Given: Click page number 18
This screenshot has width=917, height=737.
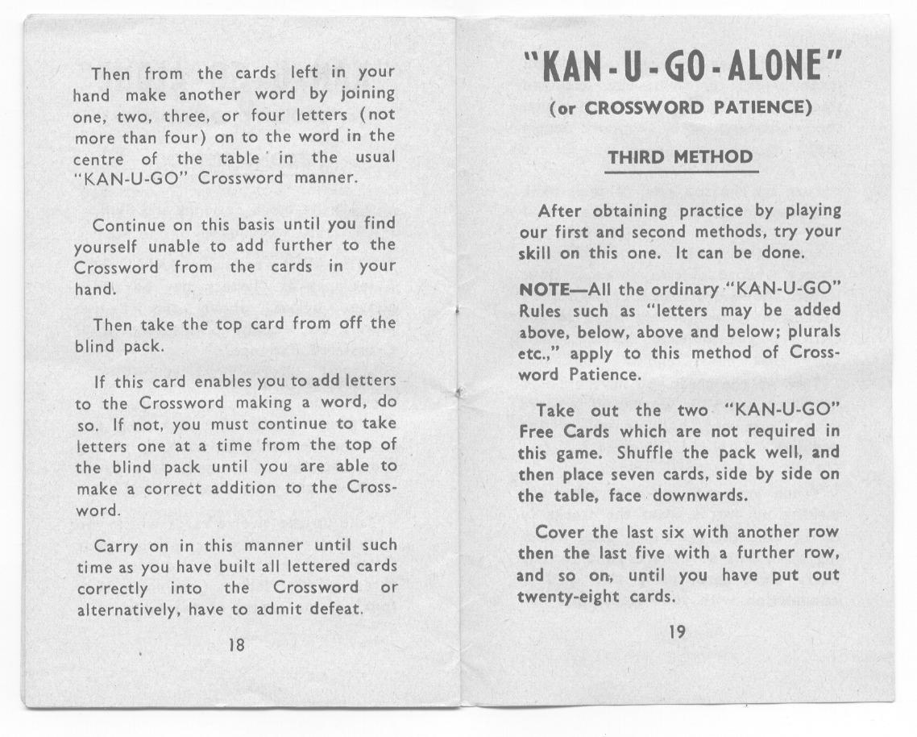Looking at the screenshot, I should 236,646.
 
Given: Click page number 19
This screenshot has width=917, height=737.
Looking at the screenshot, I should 678,633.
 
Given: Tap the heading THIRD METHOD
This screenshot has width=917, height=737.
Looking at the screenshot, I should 681,157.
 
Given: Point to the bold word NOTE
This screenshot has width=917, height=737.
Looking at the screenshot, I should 544,289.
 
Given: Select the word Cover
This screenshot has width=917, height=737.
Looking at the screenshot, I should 560,533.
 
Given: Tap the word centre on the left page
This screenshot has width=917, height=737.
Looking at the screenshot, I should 98,159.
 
